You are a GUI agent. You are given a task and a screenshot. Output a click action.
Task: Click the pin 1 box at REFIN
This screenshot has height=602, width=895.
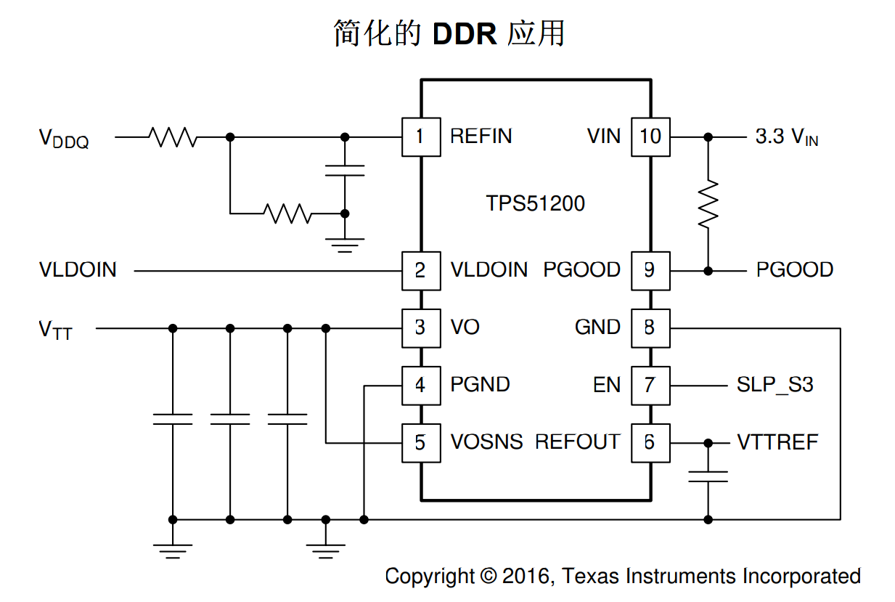[421, 137]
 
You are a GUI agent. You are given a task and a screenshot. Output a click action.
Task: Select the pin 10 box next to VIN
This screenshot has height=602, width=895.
[650, 137]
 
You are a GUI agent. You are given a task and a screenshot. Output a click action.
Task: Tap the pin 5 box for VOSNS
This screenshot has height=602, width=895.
[421, 442]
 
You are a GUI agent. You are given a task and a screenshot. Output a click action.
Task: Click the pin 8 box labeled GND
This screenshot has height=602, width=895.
[650, 328]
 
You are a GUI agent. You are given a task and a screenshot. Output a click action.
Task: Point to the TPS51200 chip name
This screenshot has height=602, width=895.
[535, 203]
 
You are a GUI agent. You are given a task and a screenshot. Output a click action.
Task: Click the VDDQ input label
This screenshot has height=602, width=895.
[64, 138]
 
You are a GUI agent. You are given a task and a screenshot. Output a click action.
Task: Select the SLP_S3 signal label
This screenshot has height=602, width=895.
[775, 385]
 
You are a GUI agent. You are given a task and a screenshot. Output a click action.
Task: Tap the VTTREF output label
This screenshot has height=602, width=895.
[777, 442]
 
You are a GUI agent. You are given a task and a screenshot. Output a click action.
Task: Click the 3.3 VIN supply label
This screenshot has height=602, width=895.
[787, 137]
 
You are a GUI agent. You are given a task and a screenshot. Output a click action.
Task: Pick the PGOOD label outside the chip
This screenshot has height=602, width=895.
[794, 270]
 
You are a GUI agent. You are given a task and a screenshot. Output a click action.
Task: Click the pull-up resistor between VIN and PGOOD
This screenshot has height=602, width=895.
[708, 203]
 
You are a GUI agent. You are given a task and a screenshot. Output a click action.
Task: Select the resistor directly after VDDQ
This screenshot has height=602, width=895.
[172, 137]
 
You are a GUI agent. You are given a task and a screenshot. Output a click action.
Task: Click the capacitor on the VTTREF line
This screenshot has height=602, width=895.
[708, 476]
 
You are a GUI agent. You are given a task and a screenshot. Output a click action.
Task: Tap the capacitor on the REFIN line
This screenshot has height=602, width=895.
[345, 171]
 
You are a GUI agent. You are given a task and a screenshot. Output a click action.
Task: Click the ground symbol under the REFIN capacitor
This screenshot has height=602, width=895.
[345, 244]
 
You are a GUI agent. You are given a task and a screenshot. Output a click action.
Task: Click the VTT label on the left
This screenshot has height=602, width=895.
[56, 330]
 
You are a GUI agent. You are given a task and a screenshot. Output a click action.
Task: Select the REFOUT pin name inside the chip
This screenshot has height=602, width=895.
[577, 442]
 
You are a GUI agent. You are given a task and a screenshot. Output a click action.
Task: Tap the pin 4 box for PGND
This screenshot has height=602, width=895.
[421, 385]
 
